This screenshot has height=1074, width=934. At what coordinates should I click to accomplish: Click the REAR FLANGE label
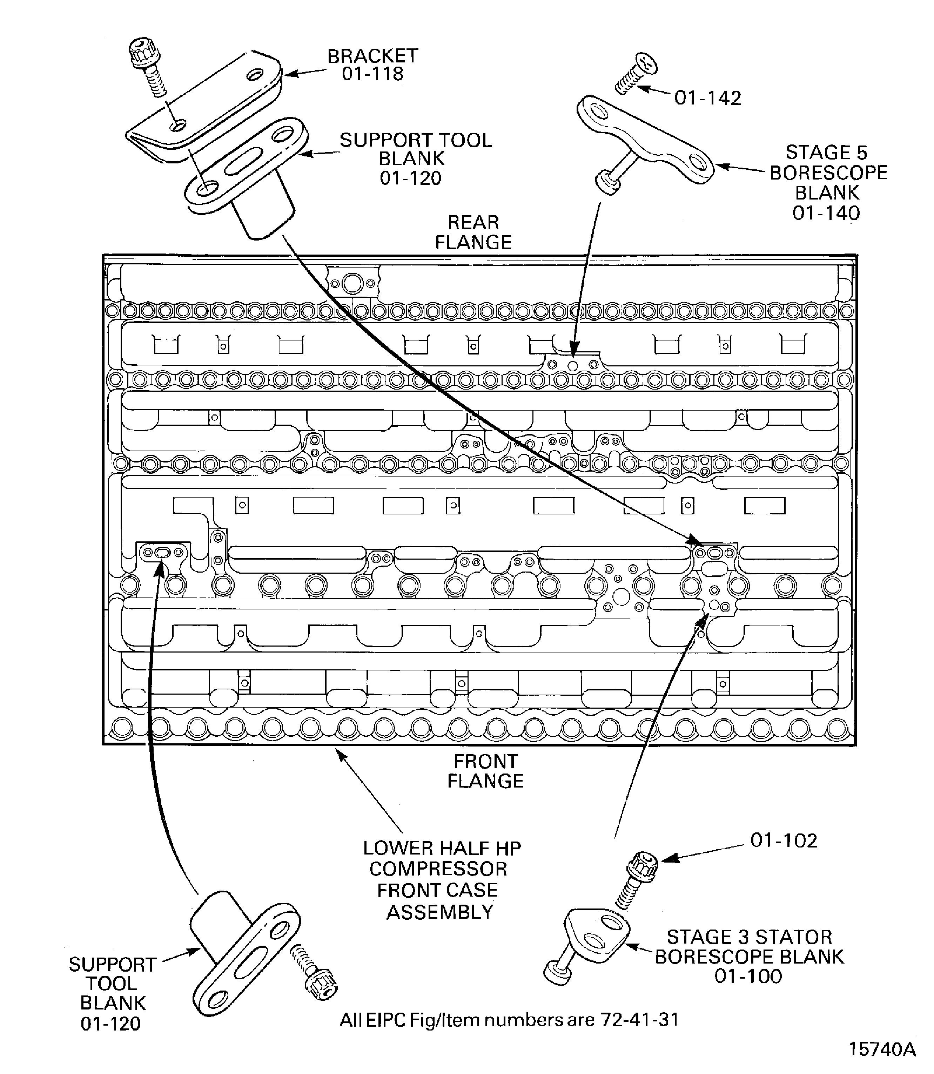coord(473,232)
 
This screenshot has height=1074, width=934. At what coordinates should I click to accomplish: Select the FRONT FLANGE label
coord(485,771)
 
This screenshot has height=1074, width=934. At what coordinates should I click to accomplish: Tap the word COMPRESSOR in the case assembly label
coord(438,869)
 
